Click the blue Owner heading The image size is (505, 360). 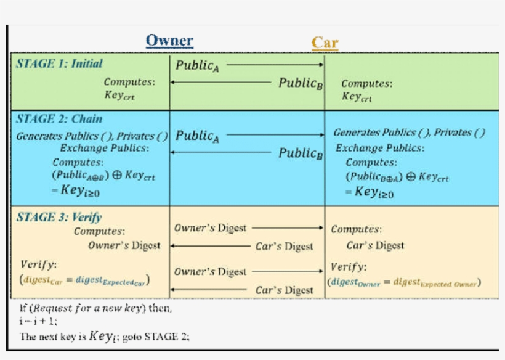[169, 41]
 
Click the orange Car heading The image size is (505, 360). [325, 43]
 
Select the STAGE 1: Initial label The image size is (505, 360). [59, 63]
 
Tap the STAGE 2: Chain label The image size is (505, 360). [59, 119]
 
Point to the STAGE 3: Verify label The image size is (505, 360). [59, 217]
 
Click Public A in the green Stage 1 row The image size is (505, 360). [197, 65]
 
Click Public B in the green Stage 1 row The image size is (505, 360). [301, 83]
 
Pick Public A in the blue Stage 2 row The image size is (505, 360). [197, 136]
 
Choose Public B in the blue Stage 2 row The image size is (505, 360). [301, 153]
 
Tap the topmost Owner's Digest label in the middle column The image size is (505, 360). [210, 228]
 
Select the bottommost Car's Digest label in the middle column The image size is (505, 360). [285, 290]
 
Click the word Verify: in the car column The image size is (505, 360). [349, 268]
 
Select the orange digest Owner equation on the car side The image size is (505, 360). [404, 282]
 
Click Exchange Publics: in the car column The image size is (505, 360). [379, 148]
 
